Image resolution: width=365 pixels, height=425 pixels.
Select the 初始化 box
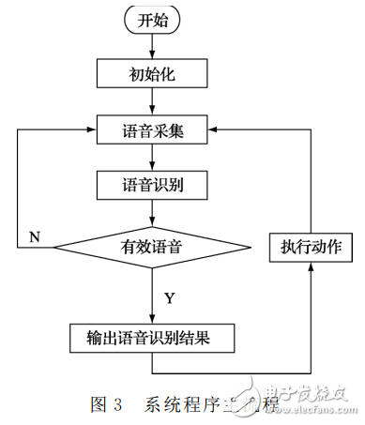click(152, 71)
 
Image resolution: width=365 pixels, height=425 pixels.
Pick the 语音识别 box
click(152, 186)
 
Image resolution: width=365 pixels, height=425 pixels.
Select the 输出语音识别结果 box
click(152, 337)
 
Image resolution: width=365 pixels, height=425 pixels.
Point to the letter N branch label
click(34, 235)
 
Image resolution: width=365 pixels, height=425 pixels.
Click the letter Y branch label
click(170, 298)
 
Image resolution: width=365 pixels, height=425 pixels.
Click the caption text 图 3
click(107, 405)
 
